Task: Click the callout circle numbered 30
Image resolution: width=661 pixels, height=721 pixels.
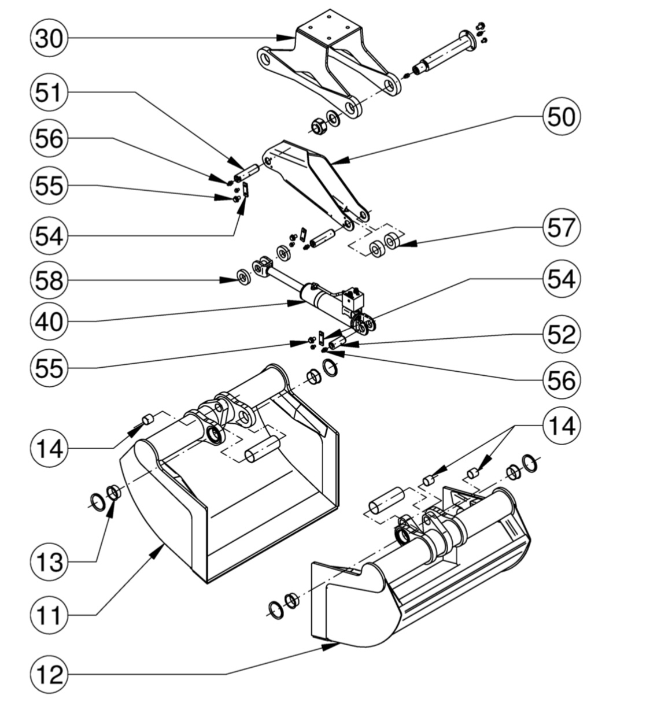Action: click(49, 38)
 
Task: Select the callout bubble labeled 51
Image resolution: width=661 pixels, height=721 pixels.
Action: click(49, 93)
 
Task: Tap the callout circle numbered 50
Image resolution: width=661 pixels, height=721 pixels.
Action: click(562, 116)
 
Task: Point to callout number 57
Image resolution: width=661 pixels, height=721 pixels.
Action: click(562, 227)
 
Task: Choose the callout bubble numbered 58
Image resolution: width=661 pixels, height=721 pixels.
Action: click(49, 280)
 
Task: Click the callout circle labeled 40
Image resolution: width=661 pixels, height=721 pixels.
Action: click(49, 321)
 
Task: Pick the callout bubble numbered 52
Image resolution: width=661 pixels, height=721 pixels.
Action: click(562, 335)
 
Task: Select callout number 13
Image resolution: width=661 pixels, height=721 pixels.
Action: click(49, 562)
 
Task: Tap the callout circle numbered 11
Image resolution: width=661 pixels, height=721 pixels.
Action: click(49, 615)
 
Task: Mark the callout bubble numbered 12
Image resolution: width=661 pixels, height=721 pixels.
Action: click(49, 674)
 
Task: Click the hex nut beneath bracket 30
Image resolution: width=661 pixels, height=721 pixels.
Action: click(319, 127)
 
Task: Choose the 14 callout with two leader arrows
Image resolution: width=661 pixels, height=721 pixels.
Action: click(562, 426)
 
